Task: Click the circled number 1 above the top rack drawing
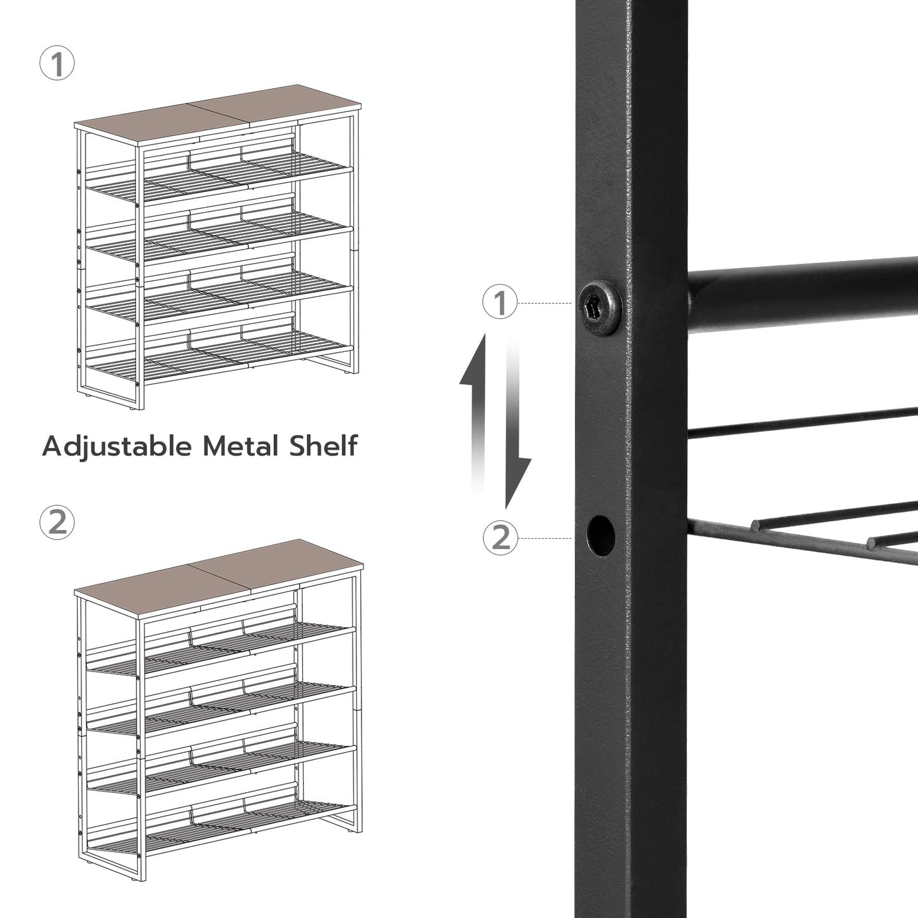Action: pyautogui.click(x=57, y=65)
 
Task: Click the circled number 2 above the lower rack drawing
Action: pyautogui.click(x=57, y=522)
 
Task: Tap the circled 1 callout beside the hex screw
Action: pyautogui.click(x=501, y=302)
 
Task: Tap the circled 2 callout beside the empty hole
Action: pyautogui.click(x=501, y=537)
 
